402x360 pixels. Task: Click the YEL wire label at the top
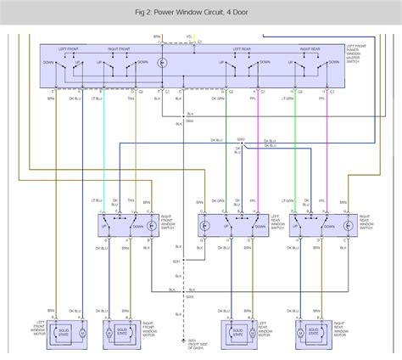click(189, 37)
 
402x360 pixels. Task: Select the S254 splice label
click(190, 295)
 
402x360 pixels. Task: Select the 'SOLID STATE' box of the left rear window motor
click(232, 329)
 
